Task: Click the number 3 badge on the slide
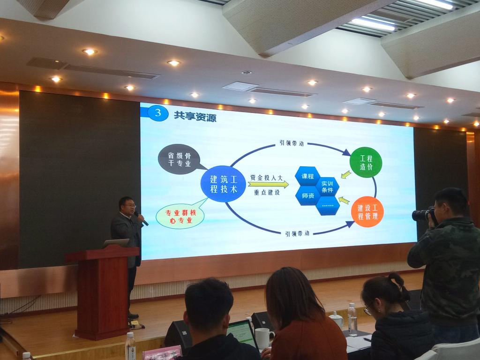[157, 112]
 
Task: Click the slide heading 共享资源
[195, 116]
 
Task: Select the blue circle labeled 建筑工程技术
[224, 184]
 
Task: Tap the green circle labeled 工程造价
[366, 163]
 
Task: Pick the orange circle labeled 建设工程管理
[367, 212]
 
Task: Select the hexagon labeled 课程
[307, 176]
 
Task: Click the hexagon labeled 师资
[307, 195]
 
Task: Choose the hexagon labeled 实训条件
[327, 187]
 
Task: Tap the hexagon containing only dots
[328, 206]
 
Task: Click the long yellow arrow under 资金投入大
[269, 184]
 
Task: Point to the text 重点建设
[267, 193]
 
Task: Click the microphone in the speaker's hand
[141, 218]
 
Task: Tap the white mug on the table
[264, 338]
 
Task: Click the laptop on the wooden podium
[116, 243]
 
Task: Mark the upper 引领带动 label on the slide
[292, 143]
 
